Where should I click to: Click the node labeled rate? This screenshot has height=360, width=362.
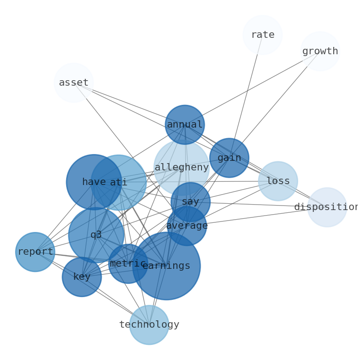(x=263, y=35)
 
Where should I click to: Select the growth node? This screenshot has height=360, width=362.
(x=320, y=51)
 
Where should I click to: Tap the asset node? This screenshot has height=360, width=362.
(x=73, y=82)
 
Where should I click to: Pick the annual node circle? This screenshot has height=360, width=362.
(x=185, y=124)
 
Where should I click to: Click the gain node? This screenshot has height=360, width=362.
(x=229, y=158)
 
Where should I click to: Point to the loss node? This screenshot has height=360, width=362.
(x=278, y=181)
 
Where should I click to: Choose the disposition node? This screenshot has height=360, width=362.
(x=327, y=207)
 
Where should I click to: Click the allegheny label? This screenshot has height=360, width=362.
(x=181, y=167)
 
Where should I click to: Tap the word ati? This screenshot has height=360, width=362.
(x=119, y=183)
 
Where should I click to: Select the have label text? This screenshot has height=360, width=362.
(x=94, y=182)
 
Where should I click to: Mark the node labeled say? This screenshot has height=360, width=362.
(x=191, y=201)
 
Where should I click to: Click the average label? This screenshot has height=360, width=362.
(x=187, y=226)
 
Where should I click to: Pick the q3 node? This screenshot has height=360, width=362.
(x=96, y=235)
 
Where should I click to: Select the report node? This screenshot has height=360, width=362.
(x=35, y=252)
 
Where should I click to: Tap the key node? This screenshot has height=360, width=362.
(x=82, y=277)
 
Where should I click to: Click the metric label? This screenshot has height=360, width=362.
(x=128, y=263)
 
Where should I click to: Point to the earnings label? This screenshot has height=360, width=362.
(x=166, y=266)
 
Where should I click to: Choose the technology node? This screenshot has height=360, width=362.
(x=149, y=324)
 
